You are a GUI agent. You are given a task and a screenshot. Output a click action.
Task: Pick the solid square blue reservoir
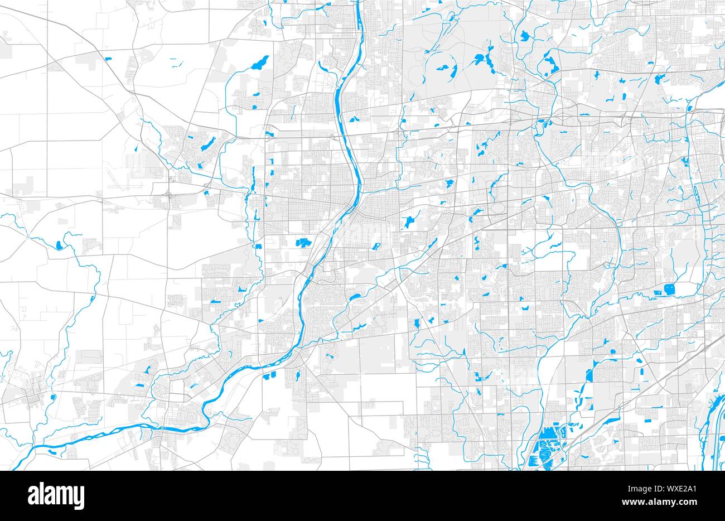[669, 289]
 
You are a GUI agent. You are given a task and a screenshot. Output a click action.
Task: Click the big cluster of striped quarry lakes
[544, 450]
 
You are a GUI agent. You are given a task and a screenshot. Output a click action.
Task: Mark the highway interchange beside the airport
[169, 195]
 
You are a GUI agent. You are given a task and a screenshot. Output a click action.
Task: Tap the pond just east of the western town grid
[52, 398]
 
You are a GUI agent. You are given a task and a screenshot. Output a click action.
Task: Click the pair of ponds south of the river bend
[270, 375]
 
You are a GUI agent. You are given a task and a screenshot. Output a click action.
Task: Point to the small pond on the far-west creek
[59, 244]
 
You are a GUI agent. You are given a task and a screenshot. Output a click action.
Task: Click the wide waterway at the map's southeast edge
[717, 424]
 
